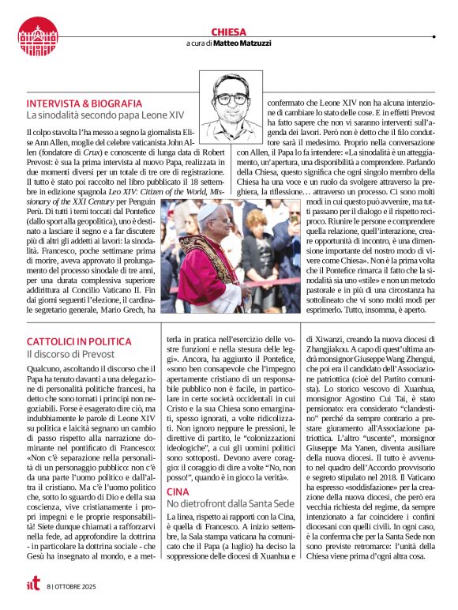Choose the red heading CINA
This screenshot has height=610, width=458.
point(178,469)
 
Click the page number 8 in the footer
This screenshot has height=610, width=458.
point(48,586)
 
